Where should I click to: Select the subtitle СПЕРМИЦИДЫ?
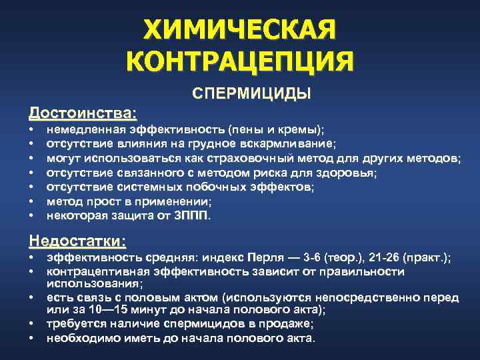[x=252, y=93]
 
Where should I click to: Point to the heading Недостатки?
[x=77, y=239]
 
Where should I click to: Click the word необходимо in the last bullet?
[x=78, y=338]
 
